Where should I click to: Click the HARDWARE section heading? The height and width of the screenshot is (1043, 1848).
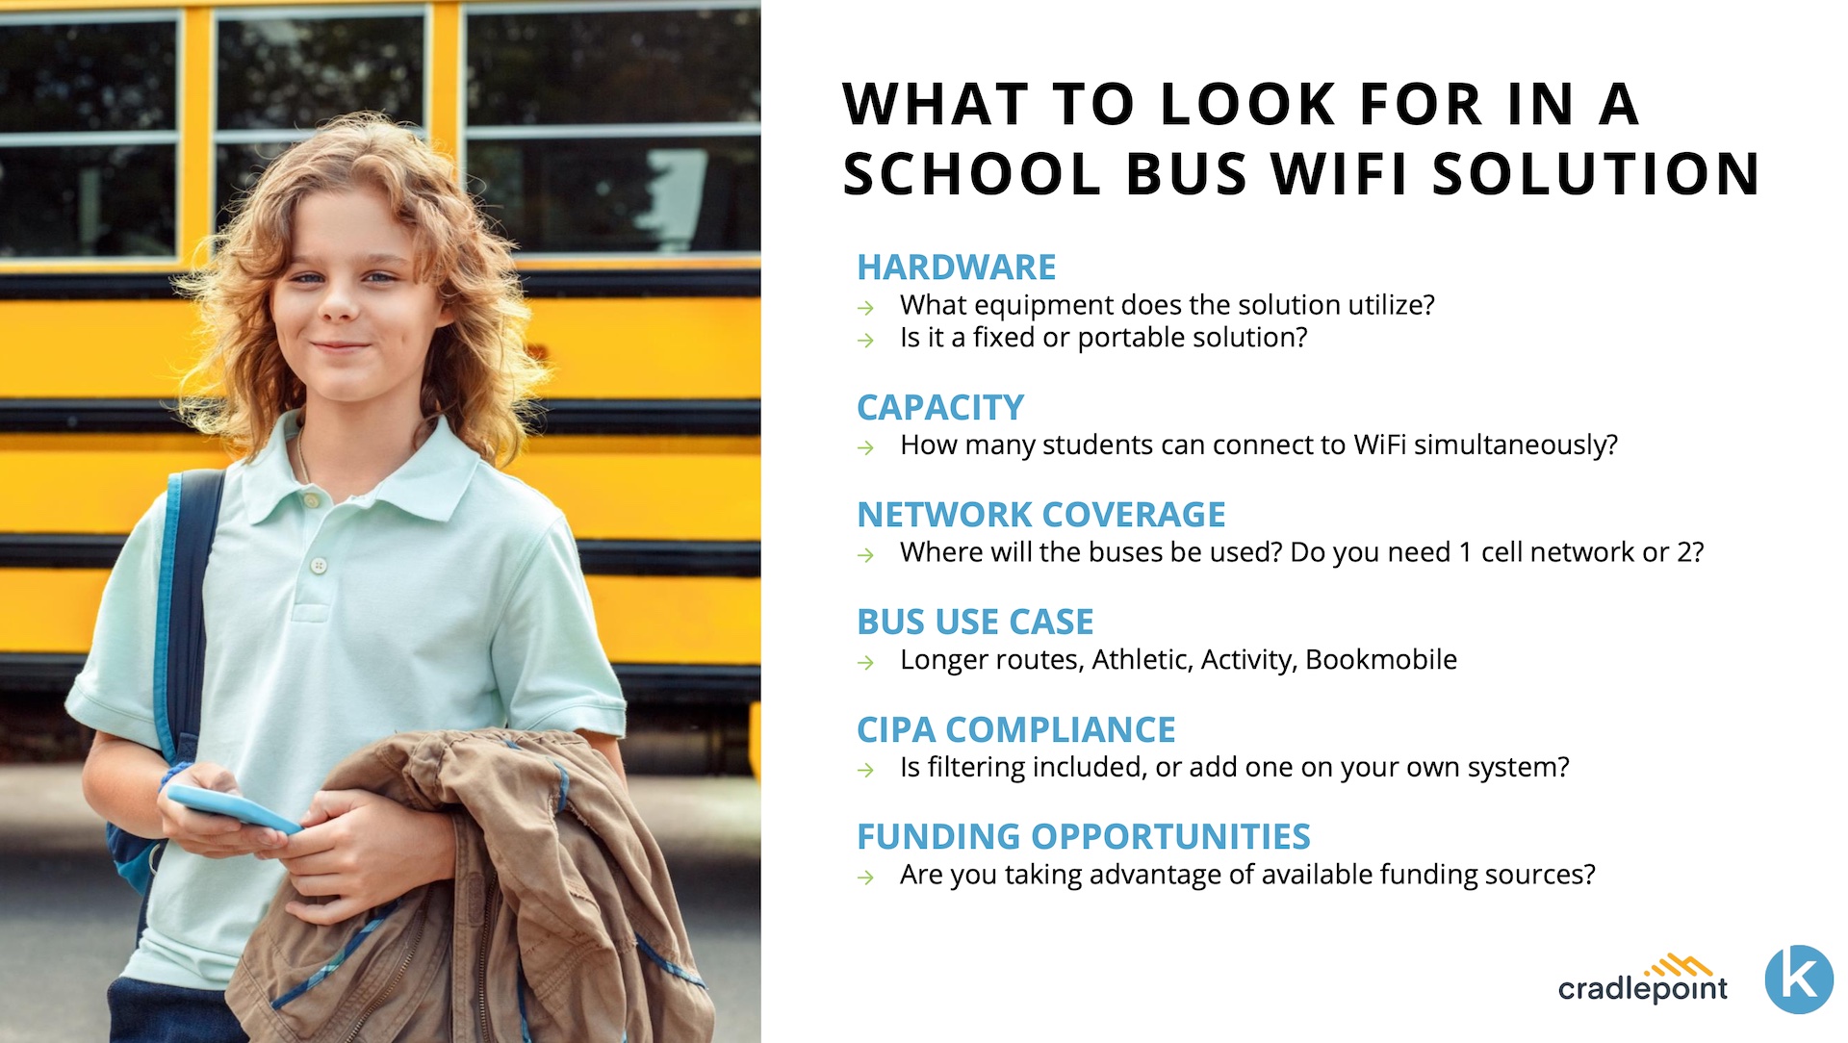click(x=956, y=267)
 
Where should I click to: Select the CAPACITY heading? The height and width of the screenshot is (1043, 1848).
click(x=940, y=407)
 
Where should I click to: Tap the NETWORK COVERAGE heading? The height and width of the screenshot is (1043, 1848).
click(x=1041, y=515)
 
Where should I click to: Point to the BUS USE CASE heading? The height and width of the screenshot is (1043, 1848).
click(x=975, y=622)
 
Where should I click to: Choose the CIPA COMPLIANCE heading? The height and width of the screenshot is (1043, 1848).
click(x=1016, y=729)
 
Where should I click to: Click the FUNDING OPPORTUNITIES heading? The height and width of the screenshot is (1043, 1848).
click(x=1084, y=837)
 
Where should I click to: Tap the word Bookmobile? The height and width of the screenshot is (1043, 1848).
click(x=1381, y=659)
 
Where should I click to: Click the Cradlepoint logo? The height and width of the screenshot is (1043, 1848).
click(x=1643, y=979)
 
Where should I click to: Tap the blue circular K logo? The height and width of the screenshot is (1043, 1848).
click(x=1799, y=979)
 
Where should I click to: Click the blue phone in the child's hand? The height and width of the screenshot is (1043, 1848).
click(x=233, y=809)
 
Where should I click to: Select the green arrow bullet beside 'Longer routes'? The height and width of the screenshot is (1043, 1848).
click(x=866, y=663)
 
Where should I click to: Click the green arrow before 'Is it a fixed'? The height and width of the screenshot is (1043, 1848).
click(x=866, y=341)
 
